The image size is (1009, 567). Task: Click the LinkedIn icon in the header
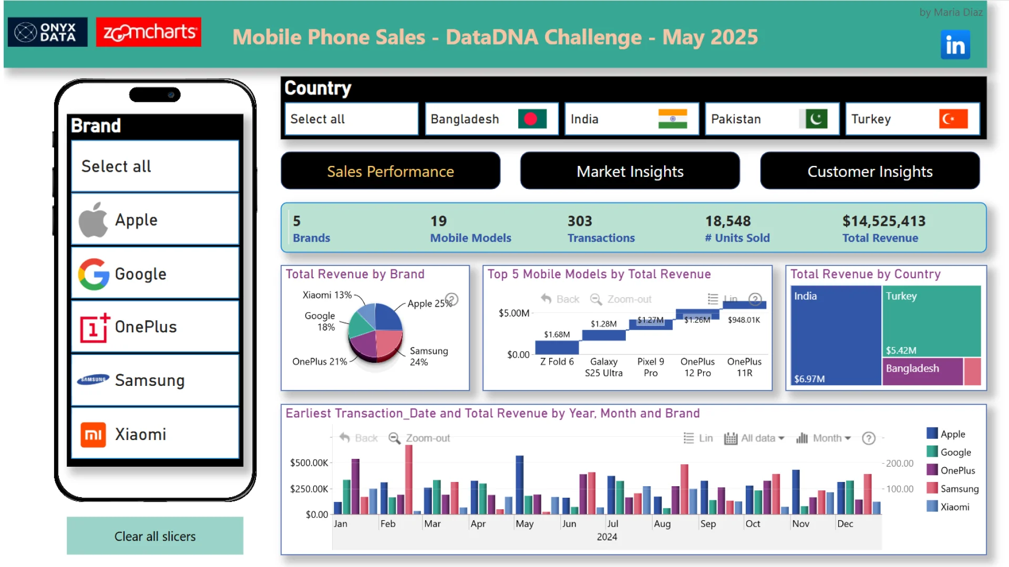[x=955, y=45]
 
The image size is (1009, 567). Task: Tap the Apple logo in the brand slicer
[x=93, y=220]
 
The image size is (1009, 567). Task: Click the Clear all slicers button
[x=155, y=536]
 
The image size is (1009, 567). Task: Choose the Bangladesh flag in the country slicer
[x=531, y=119]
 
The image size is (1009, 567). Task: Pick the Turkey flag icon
[x=953, y=119]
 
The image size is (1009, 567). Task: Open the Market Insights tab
[x=630, y=171]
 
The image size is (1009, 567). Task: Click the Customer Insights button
[x=870, y=171]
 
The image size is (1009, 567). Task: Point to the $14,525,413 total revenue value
[x=884, y=221]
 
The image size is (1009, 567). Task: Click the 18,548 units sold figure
[x=728, y=221]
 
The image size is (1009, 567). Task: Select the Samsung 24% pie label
[x=428, y=356]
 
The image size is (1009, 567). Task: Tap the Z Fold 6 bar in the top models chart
[x=557, y=347]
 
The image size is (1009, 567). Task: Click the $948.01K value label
[x=744, y=320]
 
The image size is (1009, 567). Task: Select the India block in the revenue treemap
[x=836, y=336]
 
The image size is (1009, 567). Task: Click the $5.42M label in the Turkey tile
[x=901, y=350]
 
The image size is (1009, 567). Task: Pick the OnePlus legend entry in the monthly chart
[x=957, y=470]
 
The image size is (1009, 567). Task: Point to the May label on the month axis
[x=524, y=523]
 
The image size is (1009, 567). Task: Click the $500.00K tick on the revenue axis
[x=309, y=463]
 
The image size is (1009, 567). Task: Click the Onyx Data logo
[x=47, y=33]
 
